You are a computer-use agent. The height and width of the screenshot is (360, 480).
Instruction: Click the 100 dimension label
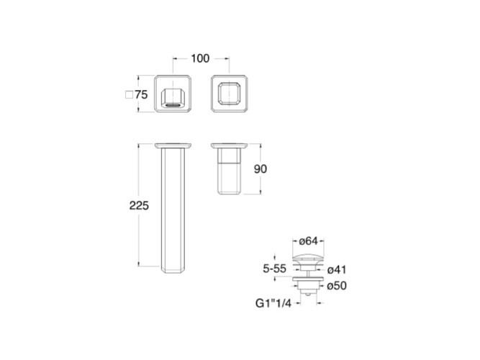(x=200, y=58)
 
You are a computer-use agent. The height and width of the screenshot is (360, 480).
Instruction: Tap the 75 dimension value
(x=142, y=94)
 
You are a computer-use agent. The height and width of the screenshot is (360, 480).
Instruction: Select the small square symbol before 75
(x=129, y=94)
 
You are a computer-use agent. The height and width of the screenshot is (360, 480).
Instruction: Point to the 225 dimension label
(x=139, y=206)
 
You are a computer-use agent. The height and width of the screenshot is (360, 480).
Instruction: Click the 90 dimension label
(x=261, y=168)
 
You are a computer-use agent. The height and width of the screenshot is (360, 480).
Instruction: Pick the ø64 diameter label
(x=308, y=241)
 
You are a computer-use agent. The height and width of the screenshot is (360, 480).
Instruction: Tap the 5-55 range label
(x=275, y=269)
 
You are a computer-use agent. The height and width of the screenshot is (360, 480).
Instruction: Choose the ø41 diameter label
(x=337, y=269)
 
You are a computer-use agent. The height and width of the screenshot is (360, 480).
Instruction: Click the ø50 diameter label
(x=337, y=286)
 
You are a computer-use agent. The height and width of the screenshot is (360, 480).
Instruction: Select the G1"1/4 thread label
(x=273, y=303)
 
